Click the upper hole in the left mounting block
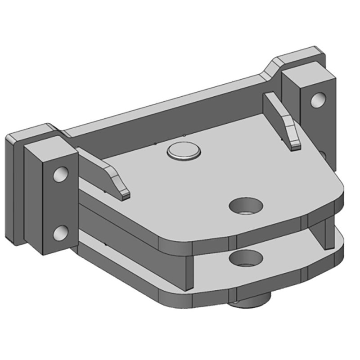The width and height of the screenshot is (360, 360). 60,174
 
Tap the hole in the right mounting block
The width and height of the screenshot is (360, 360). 318,99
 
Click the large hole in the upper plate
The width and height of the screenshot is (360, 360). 246,206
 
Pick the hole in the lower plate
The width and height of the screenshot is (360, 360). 245,259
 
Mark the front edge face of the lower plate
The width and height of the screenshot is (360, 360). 202,299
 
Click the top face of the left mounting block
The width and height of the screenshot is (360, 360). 49,139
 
